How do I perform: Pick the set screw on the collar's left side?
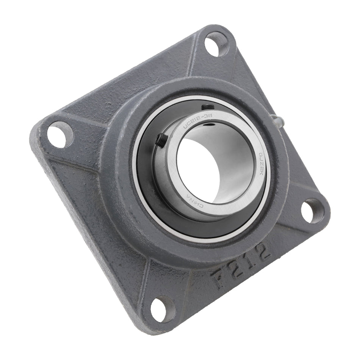click(x=161, y=140)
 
